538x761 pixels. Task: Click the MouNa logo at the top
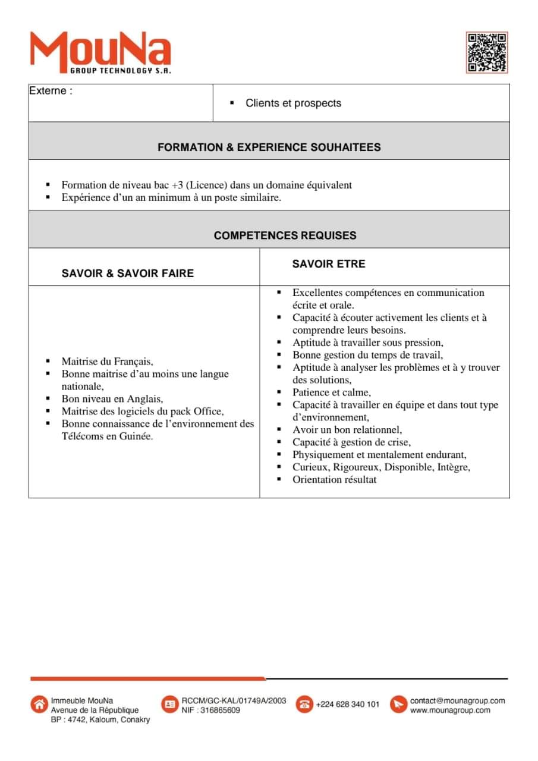(100, 52)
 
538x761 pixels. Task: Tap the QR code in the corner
(486, 52)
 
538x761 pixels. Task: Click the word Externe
(51, 91)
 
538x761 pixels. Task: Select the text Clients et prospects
(293, 103)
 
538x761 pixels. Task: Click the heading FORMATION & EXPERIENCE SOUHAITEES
(269, 147)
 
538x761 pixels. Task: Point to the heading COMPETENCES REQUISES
(285, 235)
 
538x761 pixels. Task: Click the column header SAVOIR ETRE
(328, 264)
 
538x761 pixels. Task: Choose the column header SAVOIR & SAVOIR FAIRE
(127, 273)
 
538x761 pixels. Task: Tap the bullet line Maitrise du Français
(107, 361)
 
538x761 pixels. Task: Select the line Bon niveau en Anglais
(112, 399)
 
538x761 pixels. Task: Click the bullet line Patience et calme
(331, 392)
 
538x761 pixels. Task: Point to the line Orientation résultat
(334, 480)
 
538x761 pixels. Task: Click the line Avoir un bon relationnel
(347, 430)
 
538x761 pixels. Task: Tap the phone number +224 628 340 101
(347, 705)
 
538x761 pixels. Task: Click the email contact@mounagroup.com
(457, 701)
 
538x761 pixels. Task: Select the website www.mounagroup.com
(450, 710)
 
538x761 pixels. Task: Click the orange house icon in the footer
(39, 704)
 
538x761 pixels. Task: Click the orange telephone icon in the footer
(304, 704)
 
